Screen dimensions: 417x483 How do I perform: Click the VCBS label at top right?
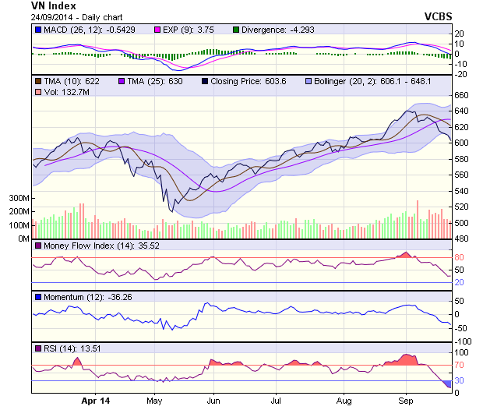(439, 16)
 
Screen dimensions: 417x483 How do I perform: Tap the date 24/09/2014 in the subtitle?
(54, 16)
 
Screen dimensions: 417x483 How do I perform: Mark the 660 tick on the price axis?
(463, 95)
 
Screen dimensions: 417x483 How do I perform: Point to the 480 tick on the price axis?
(463, 239)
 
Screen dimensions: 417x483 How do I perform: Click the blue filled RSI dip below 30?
(446, 383)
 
